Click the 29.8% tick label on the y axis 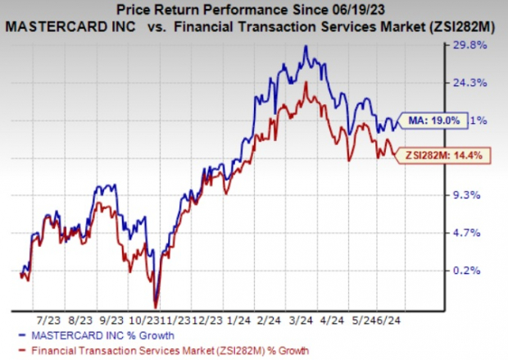(x=483, y=46)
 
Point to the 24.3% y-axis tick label (x=483, y=82)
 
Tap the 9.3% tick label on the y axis (x=483, y=195)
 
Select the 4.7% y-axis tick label (x=483, y=233)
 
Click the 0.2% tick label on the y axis (x=483, y=271)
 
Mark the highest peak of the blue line (x=306, y=46)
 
